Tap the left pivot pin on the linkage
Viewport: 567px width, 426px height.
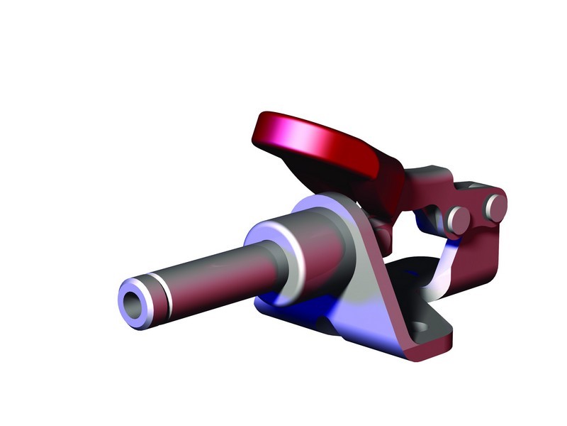tap(456, 218)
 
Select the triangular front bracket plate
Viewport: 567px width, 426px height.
tap(369, 298)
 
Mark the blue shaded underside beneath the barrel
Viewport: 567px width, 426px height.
tap(312, 305)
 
